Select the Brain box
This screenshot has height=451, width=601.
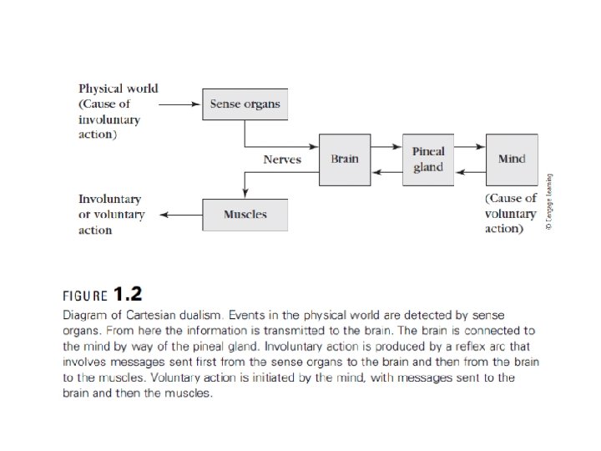pyautogui.click(x=344, y=159)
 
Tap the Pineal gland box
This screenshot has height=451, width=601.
pyautogui.click(x=428, y=159)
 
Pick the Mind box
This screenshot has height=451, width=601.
pyautogui.click(x=511, y=159)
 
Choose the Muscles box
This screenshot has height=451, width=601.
pyautogui.click(x=245, y=215)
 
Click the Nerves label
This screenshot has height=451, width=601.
pyautogui.click(x=282, y=159)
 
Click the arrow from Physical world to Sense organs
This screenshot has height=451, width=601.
pyautogui.click(x=180, y=104)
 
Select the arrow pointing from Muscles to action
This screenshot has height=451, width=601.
pyautogui.click(x=180, y=215)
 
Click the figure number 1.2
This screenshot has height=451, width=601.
pyautogui.click(x=128, y=293)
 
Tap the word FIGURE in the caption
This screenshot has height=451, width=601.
pyautogui.click(x=85, y=295)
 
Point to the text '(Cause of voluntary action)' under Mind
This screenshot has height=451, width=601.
pyautogui.click(x=511, y=214)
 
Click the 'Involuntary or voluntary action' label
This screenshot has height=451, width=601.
pyautogui.click(x=111, y=215)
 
